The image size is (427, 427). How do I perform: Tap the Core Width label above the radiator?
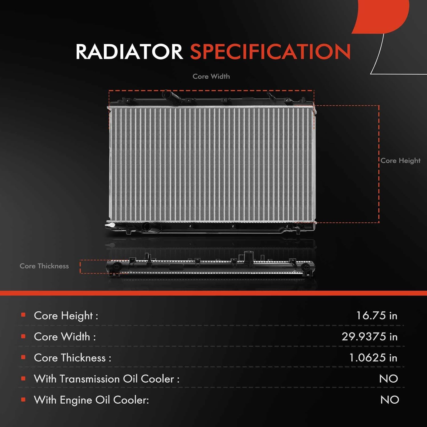211,76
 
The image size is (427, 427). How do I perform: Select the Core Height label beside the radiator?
400,161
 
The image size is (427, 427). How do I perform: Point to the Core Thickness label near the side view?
44,266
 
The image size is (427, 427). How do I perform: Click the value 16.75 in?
376,315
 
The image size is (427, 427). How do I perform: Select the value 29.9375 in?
369,336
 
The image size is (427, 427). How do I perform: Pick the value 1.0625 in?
373,358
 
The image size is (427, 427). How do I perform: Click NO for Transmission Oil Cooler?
388,379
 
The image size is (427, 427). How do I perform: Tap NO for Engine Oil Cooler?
389,400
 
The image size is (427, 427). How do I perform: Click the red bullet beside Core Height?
23,315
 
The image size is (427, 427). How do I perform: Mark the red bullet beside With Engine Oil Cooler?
23,399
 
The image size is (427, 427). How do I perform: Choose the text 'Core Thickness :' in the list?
72,358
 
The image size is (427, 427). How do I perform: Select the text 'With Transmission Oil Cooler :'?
106,379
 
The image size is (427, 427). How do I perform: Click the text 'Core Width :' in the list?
65,336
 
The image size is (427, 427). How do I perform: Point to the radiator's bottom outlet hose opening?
147,227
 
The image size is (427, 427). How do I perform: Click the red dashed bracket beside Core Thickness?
81,266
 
